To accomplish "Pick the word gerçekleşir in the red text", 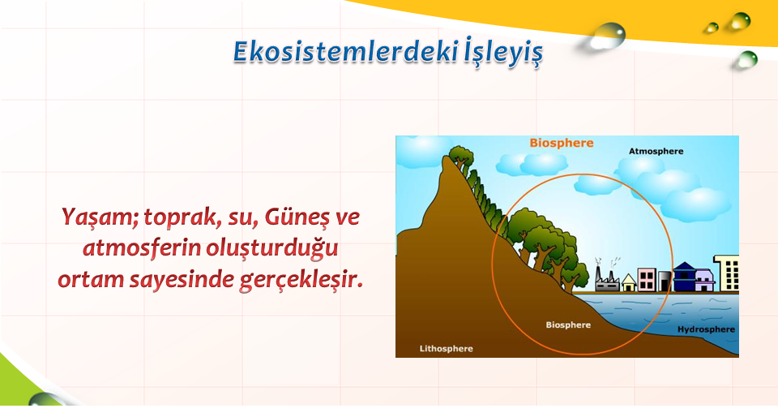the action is pos(301,280).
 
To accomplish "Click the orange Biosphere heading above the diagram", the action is pos(561,144).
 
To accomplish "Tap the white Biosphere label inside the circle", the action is pos(568,325).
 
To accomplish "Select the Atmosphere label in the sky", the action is pos(656,151).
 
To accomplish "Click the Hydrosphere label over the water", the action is pos(706,329).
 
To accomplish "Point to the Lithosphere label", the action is pos(446,349).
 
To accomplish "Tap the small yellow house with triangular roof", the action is pos(629,282).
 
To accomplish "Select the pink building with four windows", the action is pos(647,280).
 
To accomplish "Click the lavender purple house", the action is pos(705,280).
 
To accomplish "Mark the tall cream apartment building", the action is pos(726,273).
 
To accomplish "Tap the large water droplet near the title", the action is pos(608,36).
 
